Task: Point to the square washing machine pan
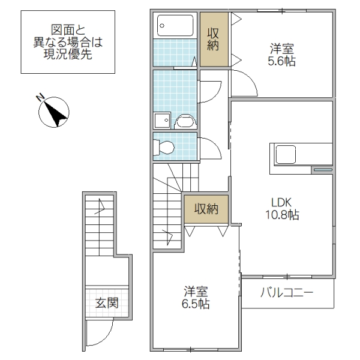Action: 161,121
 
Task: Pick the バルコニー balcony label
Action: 287,294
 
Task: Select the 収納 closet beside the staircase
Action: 206,209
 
